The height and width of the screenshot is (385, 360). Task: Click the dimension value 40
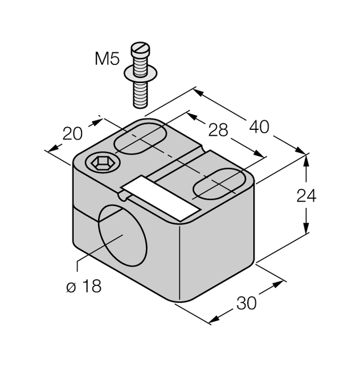[x=259, y=126]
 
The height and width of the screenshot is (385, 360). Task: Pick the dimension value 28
[x=218, y=130]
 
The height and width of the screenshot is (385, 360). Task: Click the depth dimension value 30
[x=247, y=304]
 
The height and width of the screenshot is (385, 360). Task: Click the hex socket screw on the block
[x=103, y=164]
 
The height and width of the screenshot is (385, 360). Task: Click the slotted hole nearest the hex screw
[x=140, y=139]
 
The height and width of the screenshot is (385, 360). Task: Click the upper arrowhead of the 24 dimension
[x=306, y=160]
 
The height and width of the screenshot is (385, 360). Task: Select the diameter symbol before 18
[x=71, y=286]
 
